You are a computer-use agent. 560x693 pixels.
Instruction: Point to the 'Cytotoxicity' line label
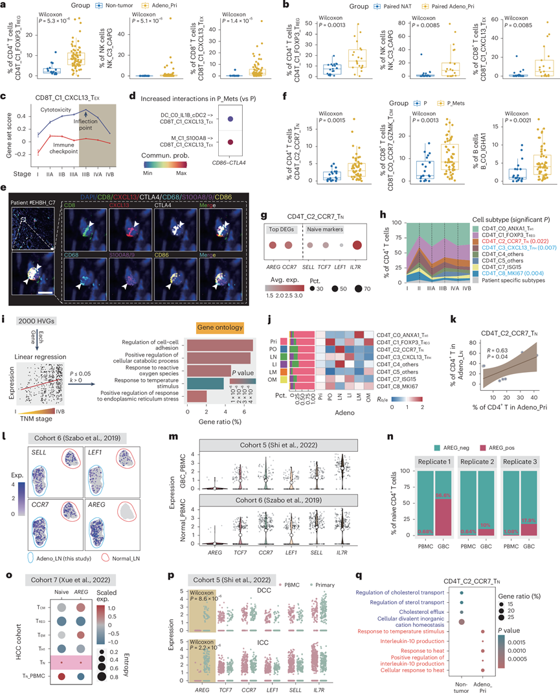coord(51,110)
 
